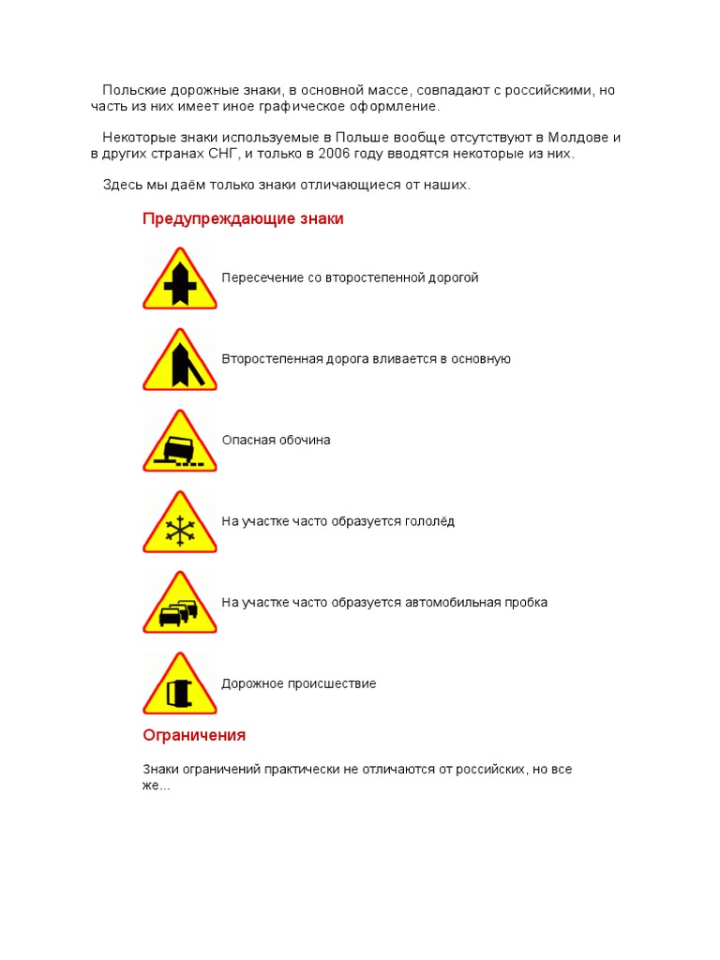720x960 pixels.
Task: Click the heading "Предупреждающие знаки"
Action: click(243, 219)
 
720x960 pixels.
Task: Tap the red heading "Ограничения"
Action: click(194, 735)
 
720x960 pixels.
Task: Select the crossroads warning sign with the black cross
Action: click(179, 279)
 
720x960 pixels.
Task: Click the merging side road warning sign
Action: click(179, 360)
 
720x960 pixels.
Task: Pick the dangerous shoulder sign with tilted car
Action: click(179, 442)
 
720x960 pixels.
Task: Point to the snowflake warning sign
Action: click(179, 523)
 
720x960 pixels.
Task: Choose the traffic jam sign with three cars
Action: click(179, 604)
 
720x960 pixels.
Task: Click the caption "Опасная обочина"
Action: click(276, 441)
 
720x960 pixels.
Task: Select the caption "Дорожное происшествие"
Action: click(298, 684)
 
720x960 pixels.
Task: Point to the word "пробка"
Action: click(523, 603)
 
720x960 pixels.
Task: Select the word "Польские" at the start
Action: click(134, 91)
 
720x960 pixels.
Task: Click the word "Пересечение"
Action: click(262, 278)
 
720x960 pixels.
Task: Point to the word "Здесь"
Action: click(122, 186)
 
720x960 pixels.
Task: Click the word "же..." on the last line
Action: click(157, 785)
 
